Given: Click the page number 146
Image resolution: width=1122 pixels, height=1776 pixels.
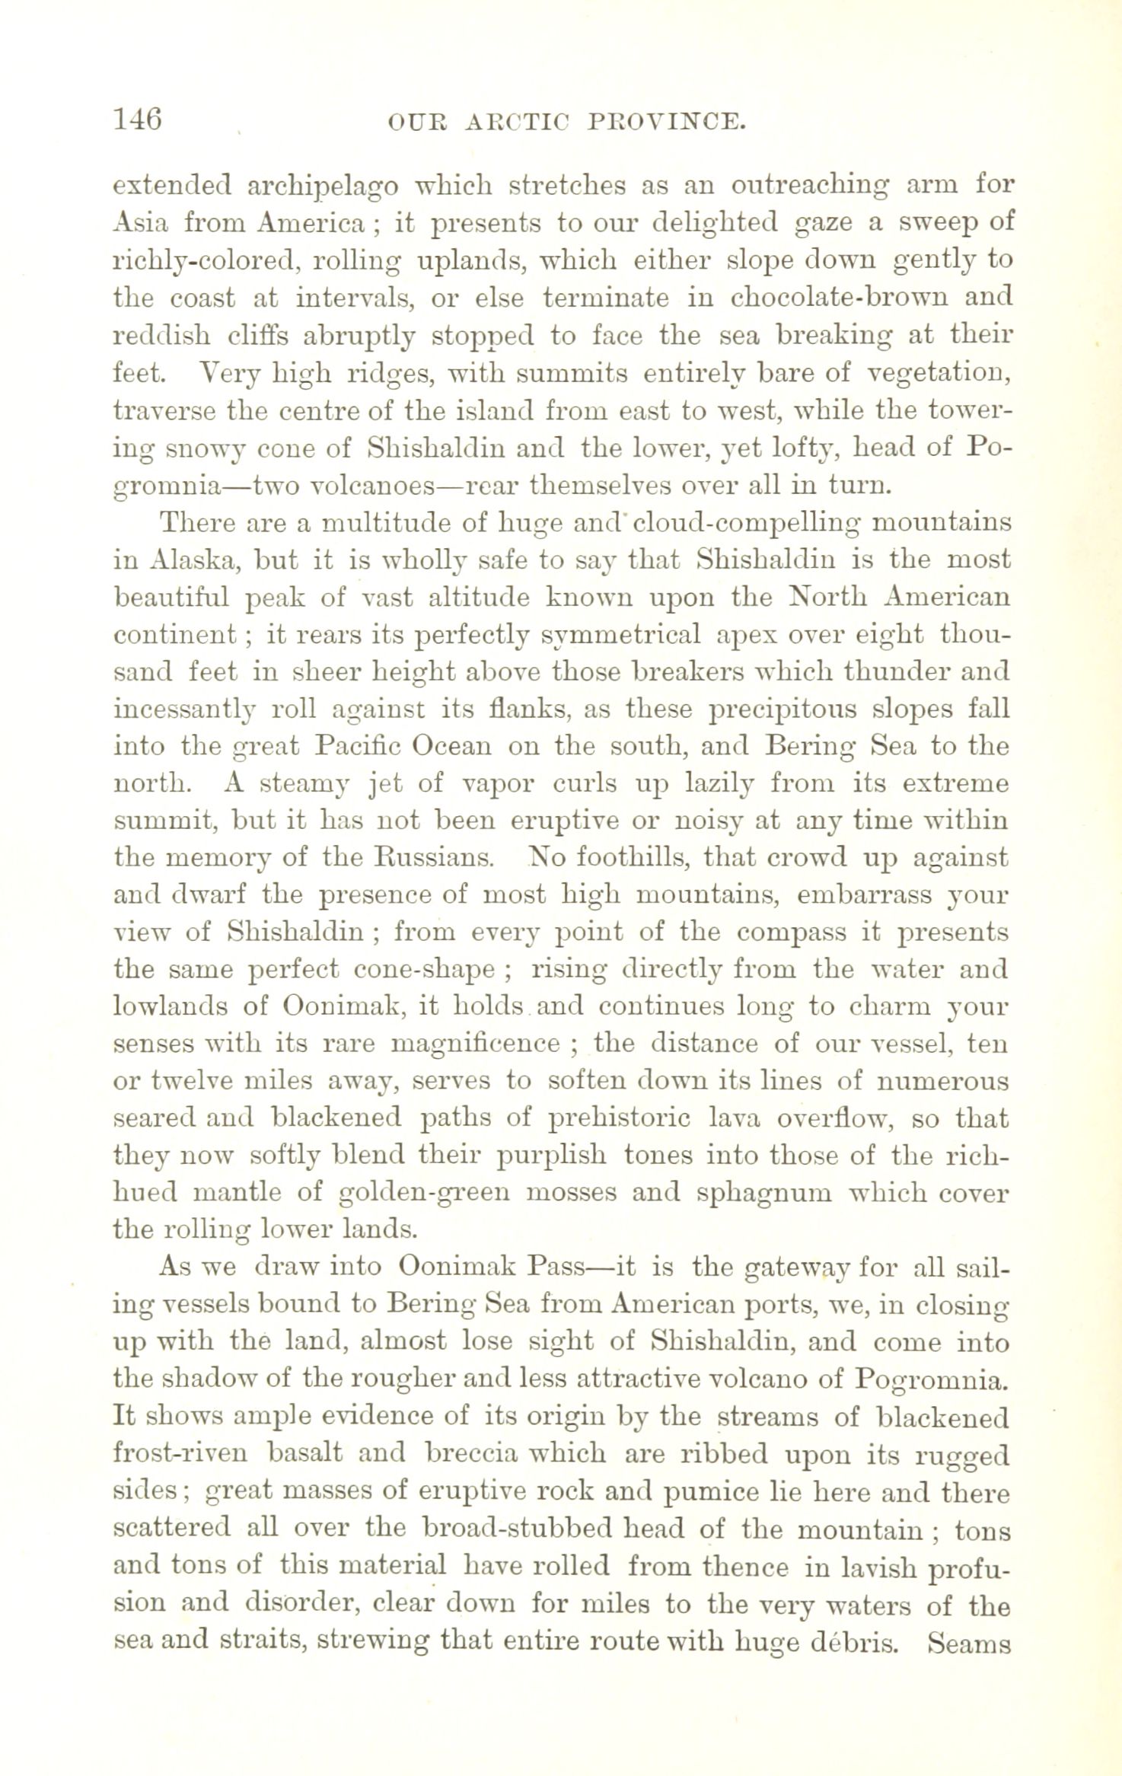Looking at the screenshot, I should pos(137,120).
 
